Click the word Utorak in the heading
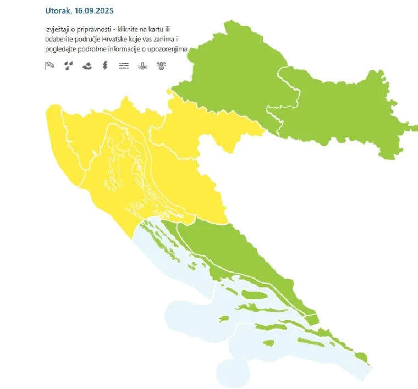coord(58,10)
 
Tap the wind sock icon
coord(50,66)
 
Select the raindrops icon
coord(68,66)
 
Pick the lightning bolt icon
coord(105,66)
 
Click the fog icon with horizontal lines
coord(124,66)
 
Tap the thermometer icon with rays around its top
coord(161,66)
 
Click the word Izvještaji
coord(59,29)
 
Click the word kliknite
coord(129,29)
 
